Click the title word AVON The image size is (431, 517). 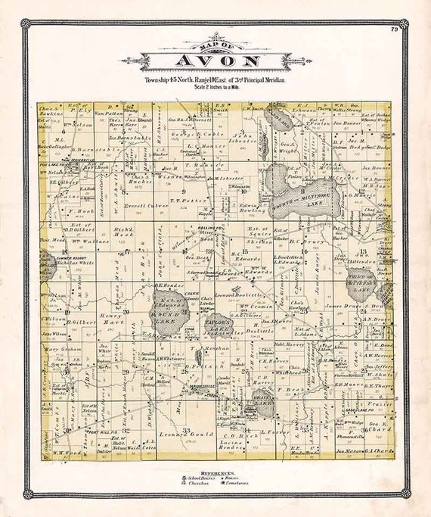[215, 61]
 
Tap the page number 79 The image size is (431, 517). [394, 30]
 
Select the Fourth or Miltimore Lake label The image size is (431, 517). [300, 199]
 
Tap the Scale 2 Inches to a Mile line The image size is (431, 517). [215, 86]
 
